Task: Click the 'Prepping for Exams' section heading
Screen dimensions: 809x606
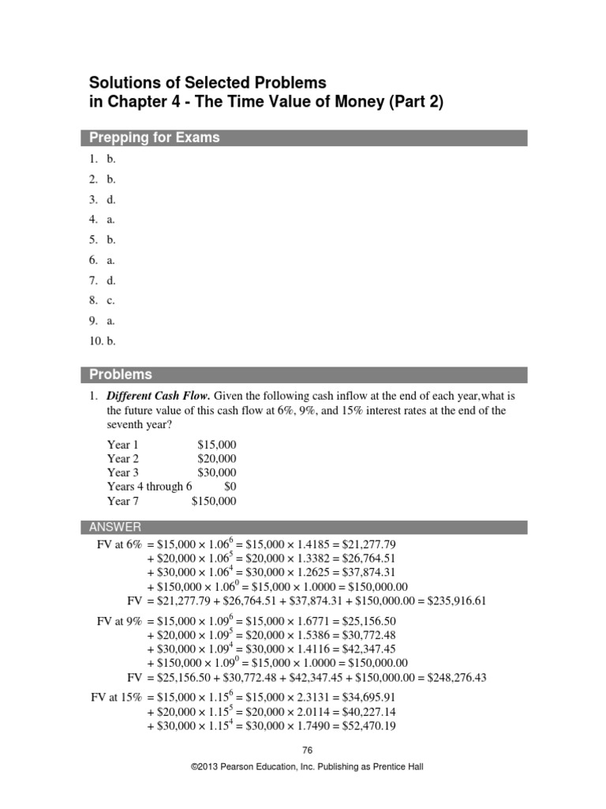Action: tap(155, 137)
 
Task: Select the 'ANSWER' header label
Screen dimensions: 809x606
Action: tap(115, 527)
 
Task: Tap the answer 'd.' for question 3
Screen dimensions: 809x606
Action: tap(111, 200)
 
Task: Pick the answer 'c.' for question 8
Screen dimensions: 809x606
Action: tap(111, 299)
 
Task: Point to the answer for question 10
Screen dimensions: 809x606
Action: tap(111, 341)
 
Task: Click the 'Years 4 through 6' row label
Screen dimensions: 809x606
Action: tap(149, 487)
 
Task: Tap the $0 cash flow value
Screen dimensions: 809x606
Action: tap(229, 487)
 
